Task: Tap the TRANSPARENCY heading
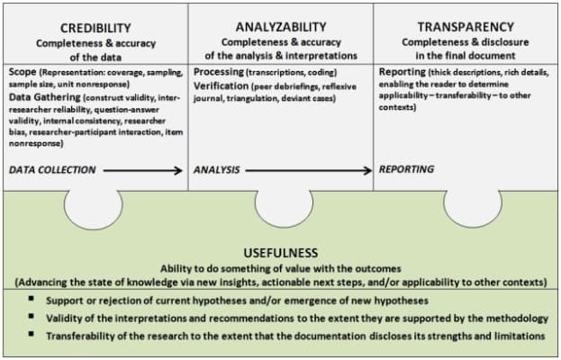(465, 26)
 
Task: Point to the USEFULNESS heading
(281, 253)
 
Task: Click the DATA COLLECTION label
(51, 169)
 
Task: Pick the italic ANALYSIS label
(217, 169)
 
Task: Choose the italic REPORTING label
(406, 169)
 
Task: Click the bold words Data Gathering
(44, 95)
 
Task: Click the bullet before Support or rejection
(32, 299)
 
